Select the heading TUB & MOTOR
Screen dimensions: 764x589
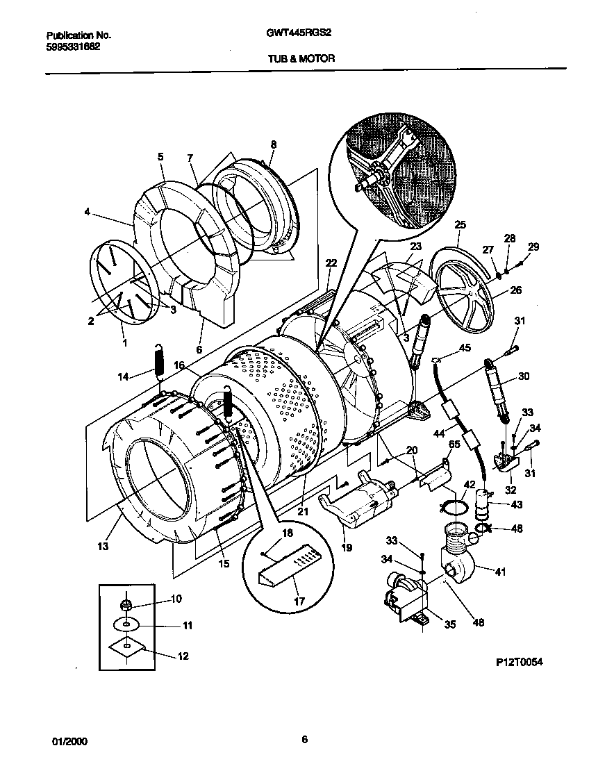pyautogui.click(x=301, y=59)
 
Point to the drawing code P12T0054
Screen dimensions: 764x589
pyautogui.click(x=515, y=663)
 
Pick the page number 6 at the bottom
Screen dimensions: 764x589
pyautogui.click(x=304, y=739)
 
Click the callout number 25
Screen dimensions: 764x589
pyautogui.click(x=460, y=224)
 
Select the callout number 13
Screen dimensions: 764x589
pyautogui.click(x=103, y=547)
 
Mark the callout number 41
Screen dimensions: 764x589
pyautogui.click(x=500, y=572)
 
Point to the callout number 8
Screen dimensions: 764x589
pyautogui.click(x=273, y=144)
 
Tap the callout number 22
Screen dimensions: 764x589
pyautogui.click(x=331, y=263)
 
